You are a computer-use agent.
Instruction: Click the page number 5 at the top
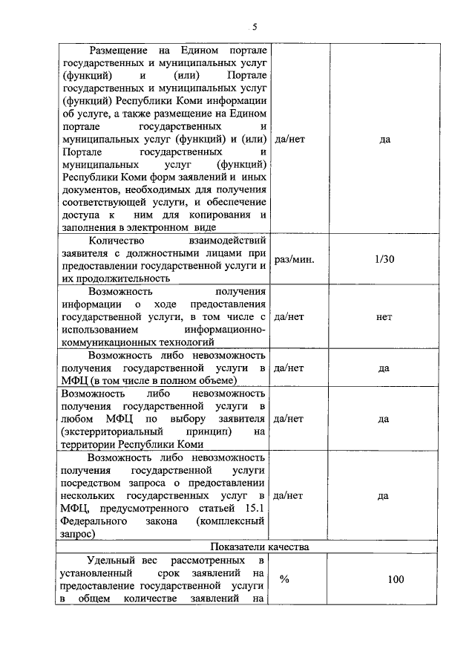click(x=254, y=27)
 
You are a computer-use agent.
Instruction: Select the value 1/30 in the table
click(x=384, y=260)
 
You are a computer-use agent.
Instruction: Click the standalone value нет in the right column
click(x=384, y=316)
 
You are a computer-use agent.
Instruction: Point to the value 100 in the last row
click(x=396, y=579)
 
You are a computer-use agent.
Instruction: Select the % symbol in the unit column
click(x=284, y=579)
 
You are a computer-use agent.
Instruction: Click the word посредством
click(x=93, y=482)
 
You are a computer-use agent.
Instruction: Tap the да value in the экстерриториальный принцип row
click(x=384, y=419)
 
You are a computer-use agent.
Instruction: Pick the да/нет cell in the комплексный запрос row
click(x=289, y=495)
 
